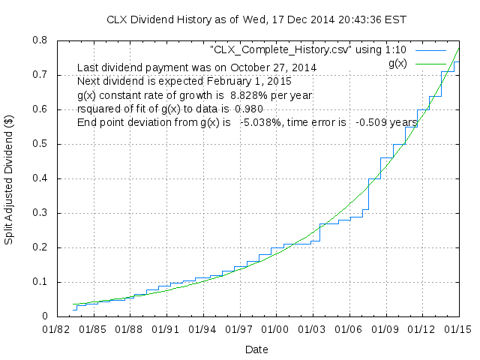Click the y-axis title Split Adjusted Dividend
(10, 178)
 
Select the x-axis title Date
(256, 349)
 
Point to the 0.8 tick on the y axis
(42, 40)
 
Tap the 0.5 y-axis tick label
(42, 144)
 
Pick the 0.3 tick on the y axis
(42, 213)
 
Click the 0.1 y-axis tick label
(42, 282)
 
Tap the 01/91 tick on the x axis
(166, 328)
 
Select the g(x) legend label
(397, 64)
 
